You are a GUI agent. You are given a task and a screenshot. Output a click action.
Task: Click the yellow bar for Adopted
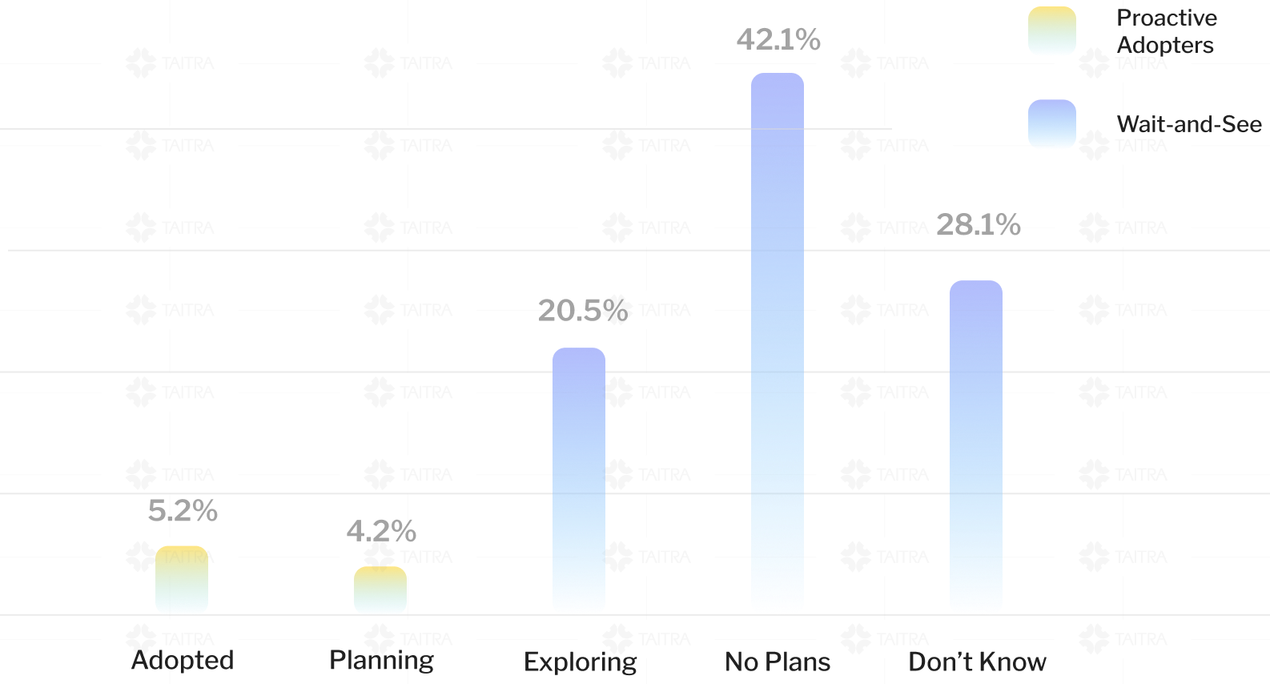(x=182, y=580)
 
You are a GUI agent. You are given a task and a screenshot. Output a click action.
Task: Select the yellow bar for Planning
(x=380, y=590)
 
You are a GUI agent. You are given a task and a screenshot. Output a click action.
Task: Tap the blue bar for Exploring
(x=579, y=481)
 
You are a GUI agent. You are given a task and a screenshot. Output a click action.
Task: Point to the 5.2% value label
(x=183, y=511)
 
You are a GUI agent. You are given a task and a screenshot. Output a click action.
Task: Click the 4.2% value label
(x=381, y=531)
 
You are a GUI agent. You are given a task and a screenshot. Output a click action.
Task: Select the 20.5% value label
(x=582, y=311)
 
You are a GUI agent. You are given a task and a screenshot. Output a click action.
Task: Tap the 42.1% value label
(x=778, y=39)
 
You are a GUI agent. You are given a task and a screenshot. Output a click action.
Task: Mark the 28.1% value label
(x=978, y=225)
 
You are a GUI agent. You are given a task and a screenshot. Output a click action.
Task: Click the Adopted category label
(x=183, y=661)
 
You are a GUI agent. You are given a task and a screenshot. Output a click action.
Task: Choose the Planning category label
(x=381, y=661)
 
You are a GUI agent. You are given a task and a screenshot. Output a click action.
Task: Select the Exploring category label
(x=580, y=662)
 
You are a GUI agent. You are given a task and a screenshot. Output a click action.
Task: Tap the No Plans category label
(x=778, y=662)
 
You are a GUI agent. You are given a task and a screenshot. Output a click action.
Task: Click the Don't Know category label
(x=977, y=662)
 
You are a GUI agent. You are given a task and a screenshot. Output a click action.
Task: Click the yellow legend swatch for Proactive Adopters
(x=1051, y=31)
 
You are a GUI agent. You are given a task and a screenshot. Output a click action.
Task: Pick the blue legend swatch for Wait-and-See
(x=1051, y=124)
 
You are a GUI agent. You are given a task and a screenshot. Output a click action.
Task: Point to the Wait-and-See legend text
(x=1188, y=124)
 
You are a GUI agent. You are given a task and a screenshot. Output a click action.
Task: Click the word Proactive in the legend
(x=1166, y=18)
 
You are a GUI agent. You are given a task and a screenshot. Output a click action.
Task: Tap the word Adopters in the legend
(x=1165, y=45)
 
